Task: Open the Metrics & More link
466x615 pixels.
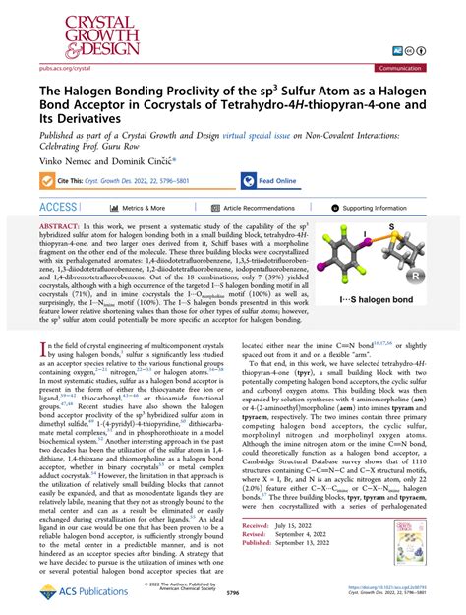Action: coord(142,208)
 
